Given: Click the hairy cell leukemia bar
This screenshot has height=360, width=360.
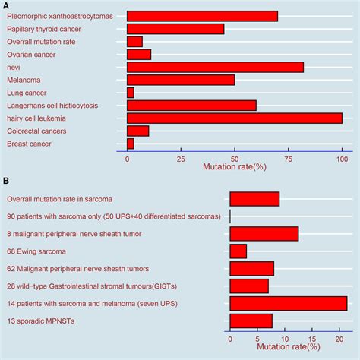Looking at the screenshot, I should point(234,118).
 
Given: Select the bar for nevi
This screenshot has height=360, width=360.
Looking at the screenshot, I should point(215,67).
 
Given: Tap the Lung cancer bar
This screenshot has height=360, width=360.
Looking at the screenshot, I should point(130,93).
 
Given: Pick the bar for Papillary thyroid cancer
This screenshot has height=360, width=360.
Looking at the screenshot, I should point(175,29).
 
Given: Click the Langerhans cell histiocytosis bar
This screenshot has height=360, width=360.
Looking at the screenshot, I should point(191,105).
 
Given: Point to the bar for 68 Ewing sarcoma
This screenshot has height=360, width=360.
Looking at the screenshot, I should point(238,251).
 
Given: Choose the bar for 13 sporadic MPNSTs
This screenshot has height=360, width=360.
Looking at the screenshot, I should point(251,321).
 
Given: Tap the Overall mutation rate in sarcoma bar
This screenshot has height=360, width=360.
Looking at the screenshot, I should point(254,199).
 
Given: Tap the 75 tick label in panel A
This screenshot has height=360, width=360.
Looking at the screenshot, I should point(289,159).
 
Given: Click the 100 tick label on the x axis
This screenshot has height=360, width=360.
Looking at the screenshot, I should point(342,159).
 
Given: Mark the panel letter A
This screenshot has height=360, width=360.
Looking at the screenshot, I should point(6,5).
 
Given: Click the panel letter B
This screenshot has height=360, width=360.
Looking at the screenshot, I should point(6,181).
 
